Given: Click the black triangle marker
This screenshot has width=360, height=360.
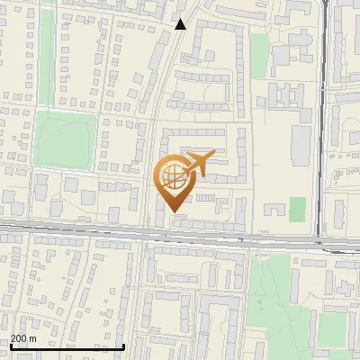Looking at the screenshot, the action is pos(181,24).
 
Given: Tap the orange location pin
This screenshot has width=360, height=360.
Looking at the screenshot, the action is pos(173,183).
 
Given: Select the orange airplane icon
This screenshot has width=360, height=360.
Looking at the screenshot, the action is pos(196,165).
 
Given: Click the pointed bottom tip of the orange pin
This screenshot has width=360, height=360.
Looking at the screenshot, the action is pos(173,211).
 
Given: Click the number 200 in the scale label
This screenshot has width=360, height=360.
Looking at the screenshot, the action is pos(19,338).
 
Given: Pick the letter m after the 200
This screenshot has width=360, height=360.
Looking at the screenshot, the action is pos(33,338).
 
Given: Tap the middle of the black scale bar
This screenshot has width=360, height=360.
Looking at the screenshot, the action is pos(67,346).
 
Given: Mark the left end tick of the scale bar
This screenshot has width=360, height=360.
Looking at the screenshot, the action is pos(10,344).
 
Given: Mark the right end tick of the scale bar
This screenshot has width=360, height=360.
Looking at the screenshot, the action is pos(123,344).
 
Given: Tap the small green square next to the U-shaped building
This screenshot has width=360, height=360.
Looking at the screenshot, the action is pos(297,209).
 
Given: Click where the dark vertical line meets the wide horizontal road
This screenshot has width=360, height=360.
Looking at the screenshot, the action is pos(321,240).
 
